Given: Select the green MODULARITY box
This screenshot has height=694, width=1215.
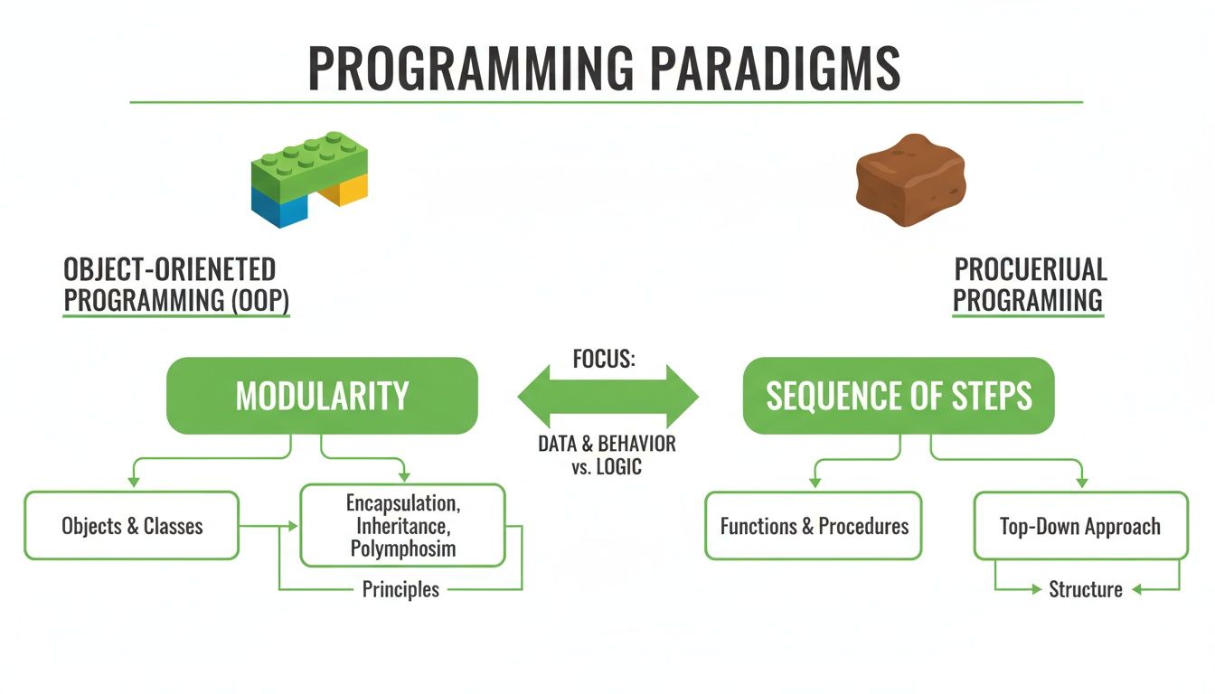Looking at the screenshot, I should coord(322,396).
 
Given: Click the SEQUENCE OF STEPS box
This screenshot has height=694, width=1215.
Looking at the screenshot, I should coord(899,396).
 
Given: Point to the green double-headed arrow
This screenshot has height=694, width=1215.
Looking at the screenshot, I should coord(607,397).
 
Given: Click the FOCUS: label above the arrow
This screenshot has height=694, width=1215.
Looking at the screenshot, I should coord(605,359).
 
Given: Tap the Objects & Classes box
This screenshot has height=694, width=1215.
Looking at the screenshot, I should coord(132,526).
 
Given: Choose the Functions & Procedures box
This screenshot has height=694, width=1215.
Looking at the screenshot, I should coord(814,526).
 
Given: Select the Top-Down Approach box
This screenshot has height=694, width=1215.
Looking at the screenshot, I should coord(1080,526).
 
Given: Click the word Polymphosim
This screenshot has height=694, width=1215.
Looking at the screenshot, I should coord(403,549).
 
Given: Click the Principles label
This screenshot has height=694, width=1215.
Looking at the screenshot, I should coord(400,590).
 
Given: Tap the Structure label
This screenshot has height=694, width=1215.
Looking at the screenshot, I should coord(1086,590).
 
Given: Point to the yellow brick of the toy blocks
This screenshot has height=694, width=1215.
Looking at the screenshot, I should coord(344,189).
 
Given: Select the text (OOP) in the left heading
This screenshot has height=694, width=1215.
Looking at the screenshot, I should coord(258,301).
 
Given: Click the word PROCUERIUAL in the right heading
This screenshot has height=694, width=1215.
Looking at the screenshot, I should coord(1031,269).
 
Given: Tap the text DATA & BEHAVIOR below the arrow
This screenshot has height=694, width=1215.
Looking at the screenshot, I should coord(607,445).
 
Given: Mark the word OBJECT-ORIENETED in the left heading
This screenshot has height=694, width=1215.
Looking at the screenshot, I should coord(169,269).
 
